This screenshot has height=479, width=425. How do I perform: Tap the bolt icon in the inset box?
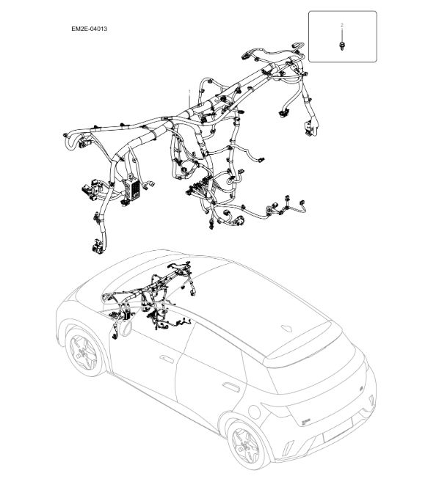[343, 47]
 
